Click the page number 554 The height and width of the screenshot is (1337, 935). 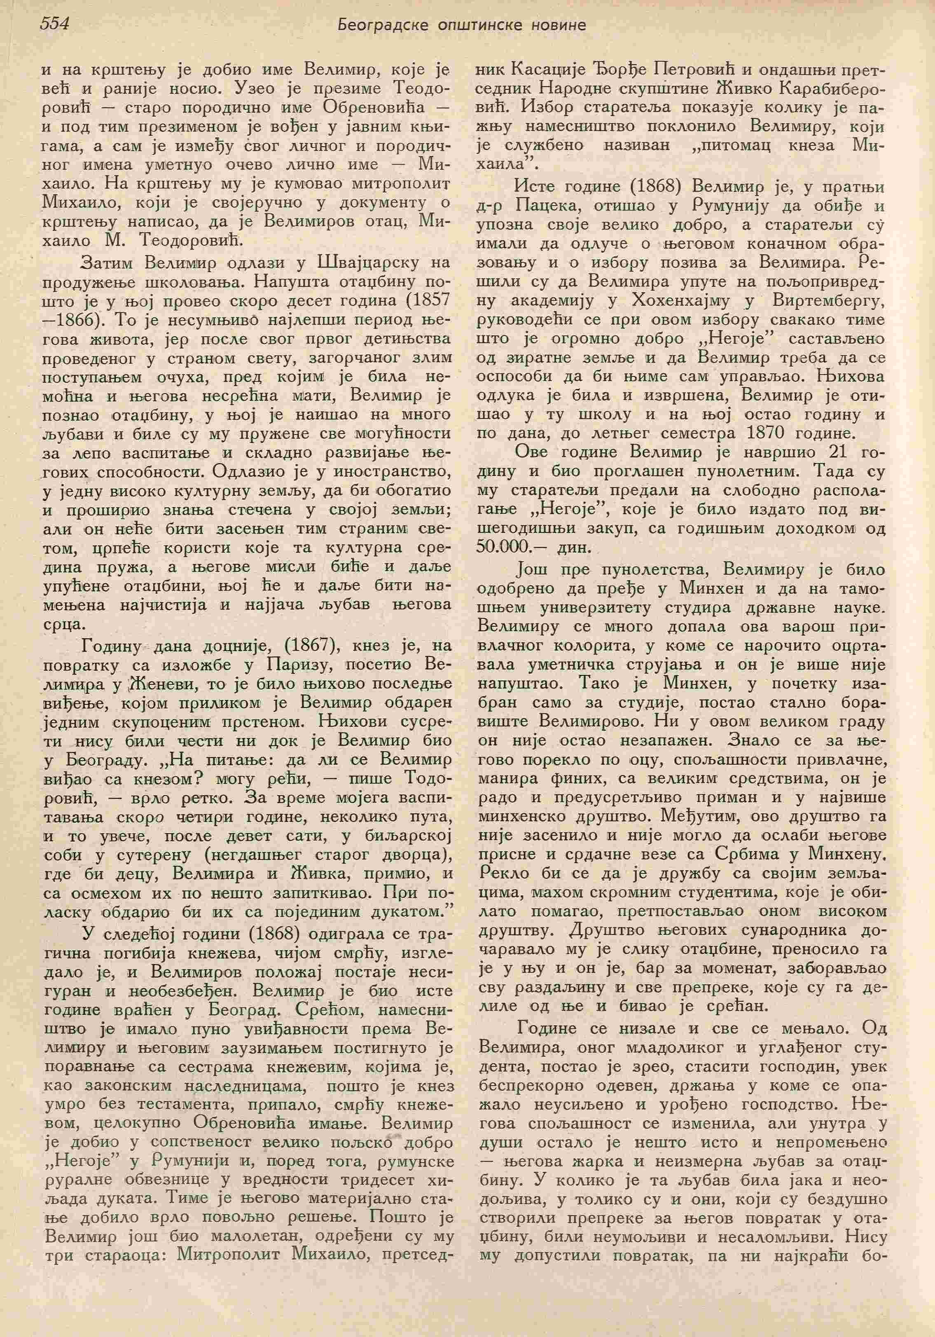coord(55,24)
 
